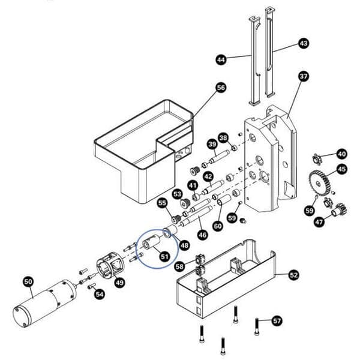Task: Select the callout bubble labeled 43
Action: (x=303, y=44)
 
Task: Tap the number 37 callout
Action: (x=303, y=76)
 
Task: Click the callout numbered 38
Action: (x=223, y=138)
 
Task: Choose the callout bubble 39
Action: (x=211, y=144)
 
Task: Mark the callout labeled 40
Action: (x=341, y=154)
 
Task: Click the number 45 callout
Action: (x=341, y=169)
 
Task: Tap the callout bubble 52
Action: (x=293, y=275)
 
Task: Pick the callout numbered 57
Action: (x=277, y=320)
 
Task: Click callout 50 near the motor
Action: (x=28, y=281)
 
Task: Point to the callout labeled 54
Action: (x=100, y=294)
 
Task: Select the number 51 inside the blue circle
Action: (x=164, y=256)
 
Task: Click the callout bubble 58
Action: (x=179, y=265)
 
